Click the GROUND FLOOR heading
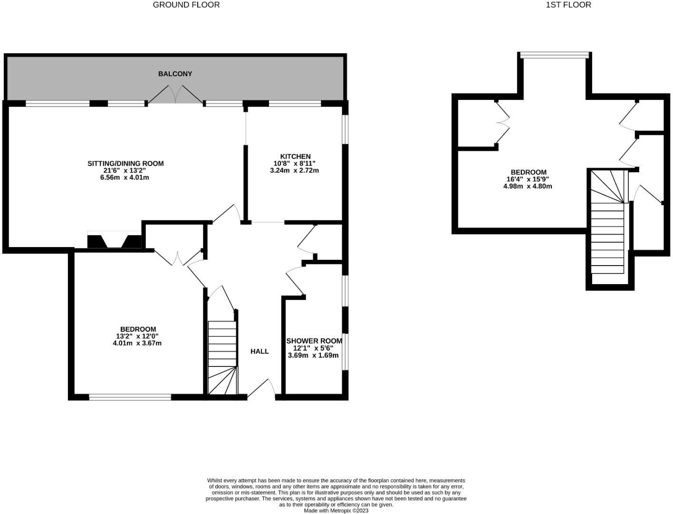(186, 5)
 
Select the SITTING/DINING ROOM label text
(125, 163)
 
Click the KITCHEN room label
(295, 156)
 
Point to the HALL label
(260, 351)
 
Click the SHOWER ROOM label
(314, 341)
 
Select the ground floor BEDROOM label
(138, 329)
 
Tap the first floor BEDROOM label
(529, 172)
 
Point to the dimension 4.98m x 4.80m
(528, 186)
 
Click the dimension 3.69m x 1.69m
(313, 355)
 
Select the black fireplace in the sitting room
(115, 240)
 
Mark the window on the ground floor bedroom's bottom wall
(130, 397)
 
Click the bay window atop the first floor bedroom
(555, 56)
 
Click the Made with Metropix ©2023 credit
(336, 511)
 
